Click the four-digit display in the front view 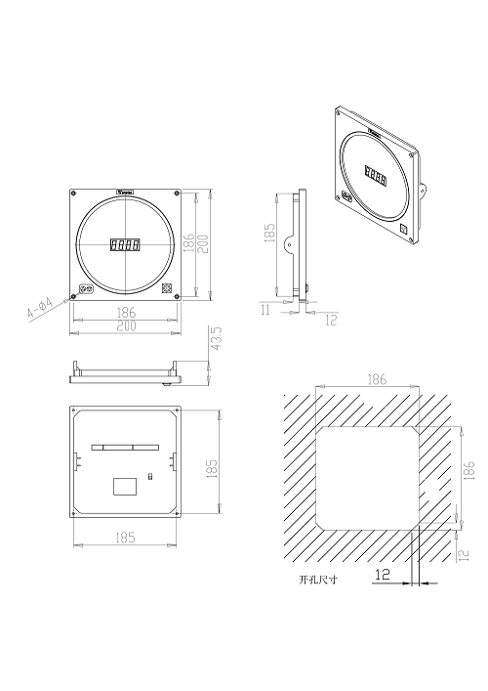[125, 245]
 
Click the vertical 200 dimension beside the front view [203, 244]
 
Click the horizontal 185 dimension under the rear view [125, 538]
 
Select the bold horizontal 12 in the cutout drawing [384, 578]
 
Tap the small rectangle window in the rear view [125, 484]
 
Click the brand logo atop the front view [125, 193]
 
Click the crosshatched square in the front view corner [167, 289]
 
